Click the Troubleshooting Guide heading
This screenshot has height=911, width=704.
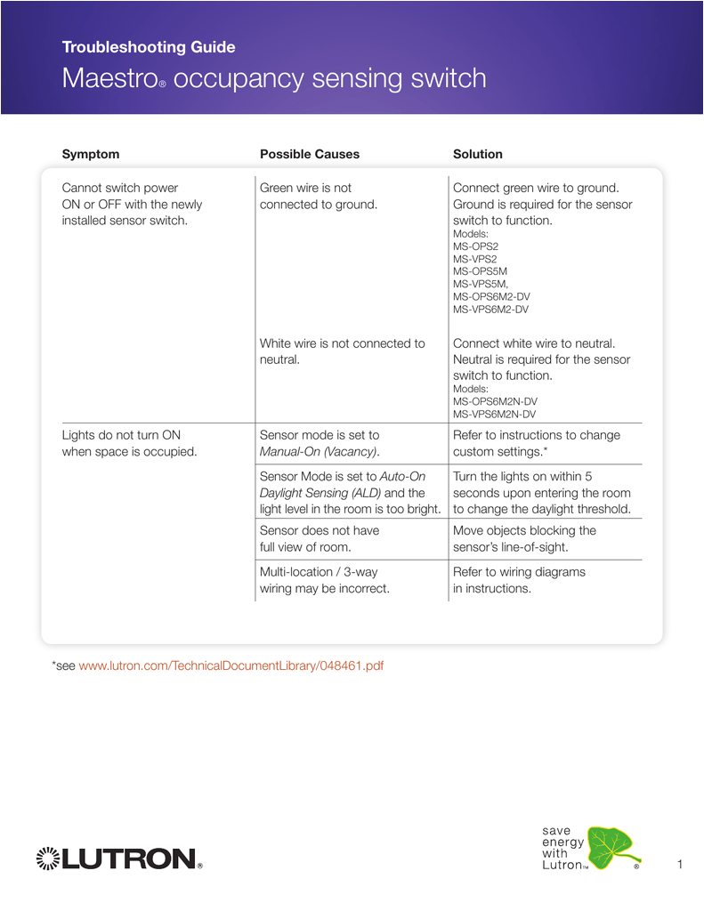(x=149, y=47)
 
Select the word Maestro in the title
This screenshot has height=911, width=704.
(x=109, y=78)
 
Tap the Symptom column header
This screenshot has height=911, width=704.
(x=90, y=154)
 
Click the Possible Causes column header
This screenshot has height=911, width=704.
(x=310, y=154)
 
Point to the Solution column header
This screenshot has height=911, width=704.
(x=478, y=154)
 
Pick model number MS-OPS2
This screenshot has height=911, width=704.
(x=475, y=246)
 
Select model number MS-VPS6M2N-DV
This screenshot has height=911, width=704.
(x=495, y=414)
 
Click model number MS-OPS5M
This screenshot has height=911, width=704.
(x=480, y=271)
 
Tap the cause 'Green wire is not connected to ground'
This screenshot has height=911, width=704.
(x=319, y=196)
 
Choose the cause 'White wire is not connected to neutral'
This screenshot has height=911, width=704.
(x=342, y=351)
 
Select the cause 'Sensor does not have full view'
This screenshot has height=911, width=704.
(x=320, y=538)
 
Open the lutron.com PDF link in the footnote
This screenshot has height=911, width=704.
(x=231, y=665)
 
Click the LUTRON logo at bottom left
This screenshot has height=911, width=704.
(x=118, y=859)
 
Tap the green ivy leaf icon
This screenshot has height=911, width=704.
(x=610, y=846)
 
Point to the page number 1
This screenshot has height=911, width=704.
(x=679, y=865)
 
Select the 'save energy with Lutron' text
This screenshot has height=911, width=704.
(x=563, y=848)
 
